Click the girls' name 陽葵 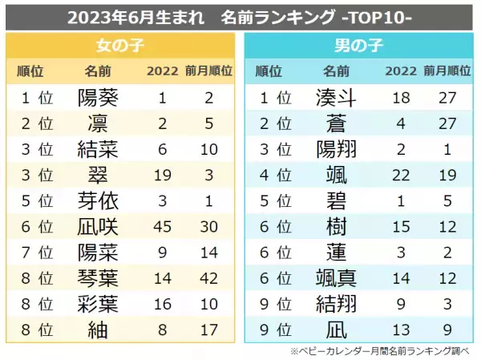click(98, 98)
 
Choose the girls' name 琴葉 click(98, 303)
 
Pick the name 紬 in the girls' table click(98, 329)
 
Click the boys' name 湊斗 click(337, 98)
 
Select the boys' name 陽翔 click(337, 150)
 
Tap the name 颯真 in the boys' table click(337, 278)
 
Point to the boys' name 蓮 click(337, 253)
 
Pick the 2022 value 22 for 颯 click(401, 176)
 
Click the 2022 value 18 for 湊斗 click(401, 98)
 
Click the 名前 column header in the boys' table click(337, 71)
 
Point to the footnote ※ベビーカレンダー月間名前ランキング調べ click(382, 350)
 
